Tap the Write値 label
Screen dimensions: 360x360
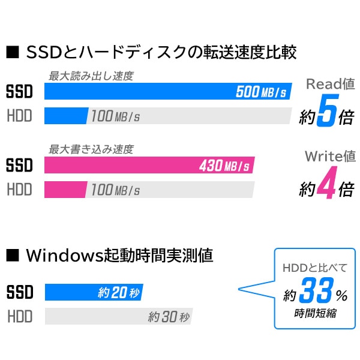[x=330, y=157]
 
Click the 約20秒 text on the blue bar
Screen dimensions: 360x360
[x=119, y=293]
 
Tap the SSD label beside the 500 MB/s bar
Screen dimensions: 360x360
[x=19, y=92]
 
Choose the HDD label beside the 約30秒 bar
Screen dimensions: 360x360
[x=19, y=317]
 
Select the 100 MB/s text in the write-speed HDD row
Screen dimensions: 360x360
[x=116, y=190]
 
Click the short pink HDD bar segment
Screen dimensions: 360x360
[x=65, y=190]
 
